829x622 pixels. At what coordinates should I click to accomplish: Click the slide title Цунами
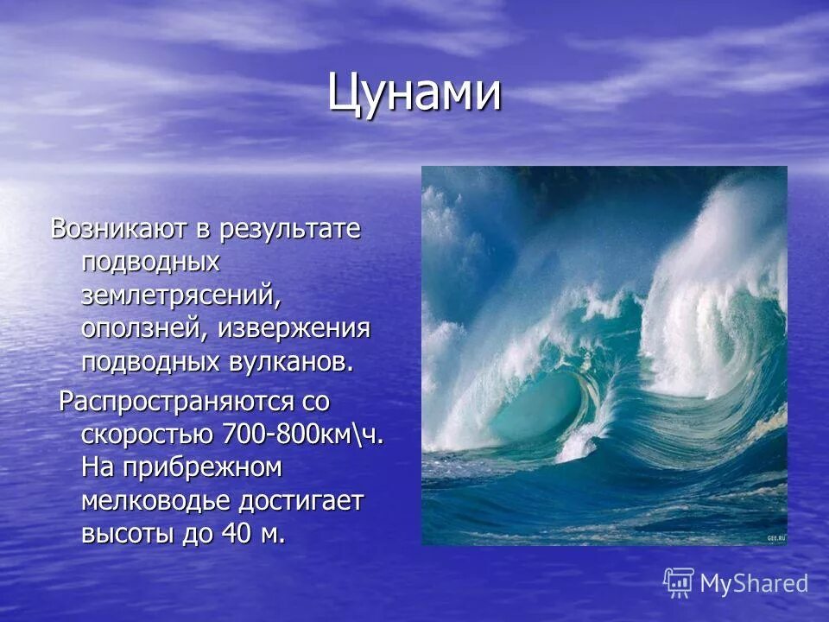tap(414, 92)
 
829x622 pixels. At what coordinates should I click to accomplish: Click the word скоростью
tap(148, 435)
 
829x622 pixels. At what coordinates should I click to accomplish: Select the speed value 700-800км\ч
tap(303, 435)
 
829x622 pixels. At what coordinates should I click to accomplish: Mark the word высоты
tap(126, 534)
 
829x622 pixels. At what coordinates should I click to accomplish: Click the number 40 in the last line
tap(236, 534)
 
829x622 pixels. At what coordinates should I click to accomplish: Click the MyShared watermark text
tap(754, 584)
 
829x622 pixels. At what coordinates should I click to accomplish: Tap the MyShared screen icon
tap(679, 583)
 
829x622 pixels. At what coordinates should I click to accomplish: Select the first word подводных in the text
tap(150, 263)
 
